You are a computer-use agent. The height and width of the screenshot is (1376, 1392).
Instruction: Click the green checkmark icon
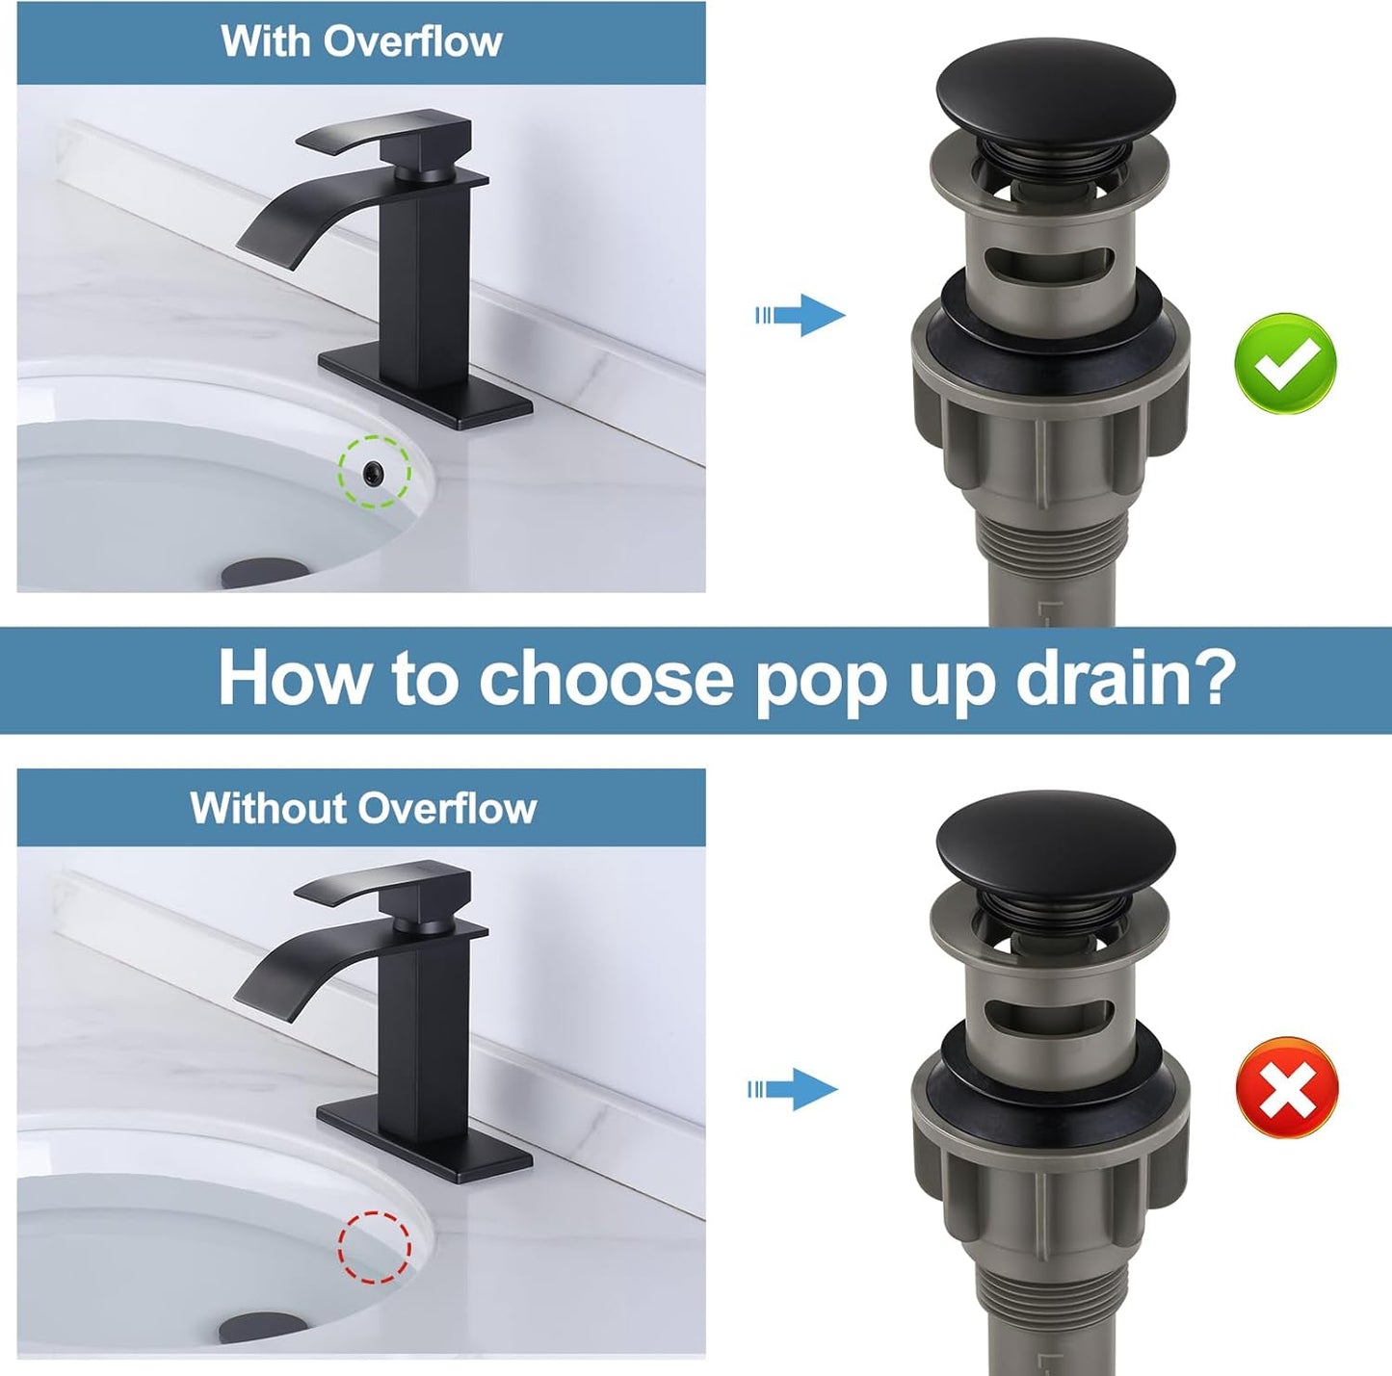pos(1285,364)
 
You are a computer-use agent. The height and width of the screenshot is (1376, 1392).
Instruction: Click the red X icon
pos(1286,1087)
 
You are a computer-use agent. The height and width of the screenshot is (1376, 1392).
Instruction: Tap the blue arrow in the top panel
pos(801,315)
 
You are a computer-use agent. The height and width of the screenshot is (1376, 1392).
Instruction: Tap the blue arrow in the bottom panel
pos(794,1089)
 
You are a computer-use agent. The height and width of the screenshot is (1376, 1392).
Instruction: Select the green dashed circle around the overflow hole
pos(374,471)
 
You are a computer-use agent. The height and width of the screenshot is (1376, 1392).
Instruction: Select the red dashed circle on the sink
pos(374,1247)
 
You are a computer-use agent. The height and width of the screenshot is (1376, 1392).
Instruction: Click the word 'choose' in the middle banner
pos(606,678)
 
